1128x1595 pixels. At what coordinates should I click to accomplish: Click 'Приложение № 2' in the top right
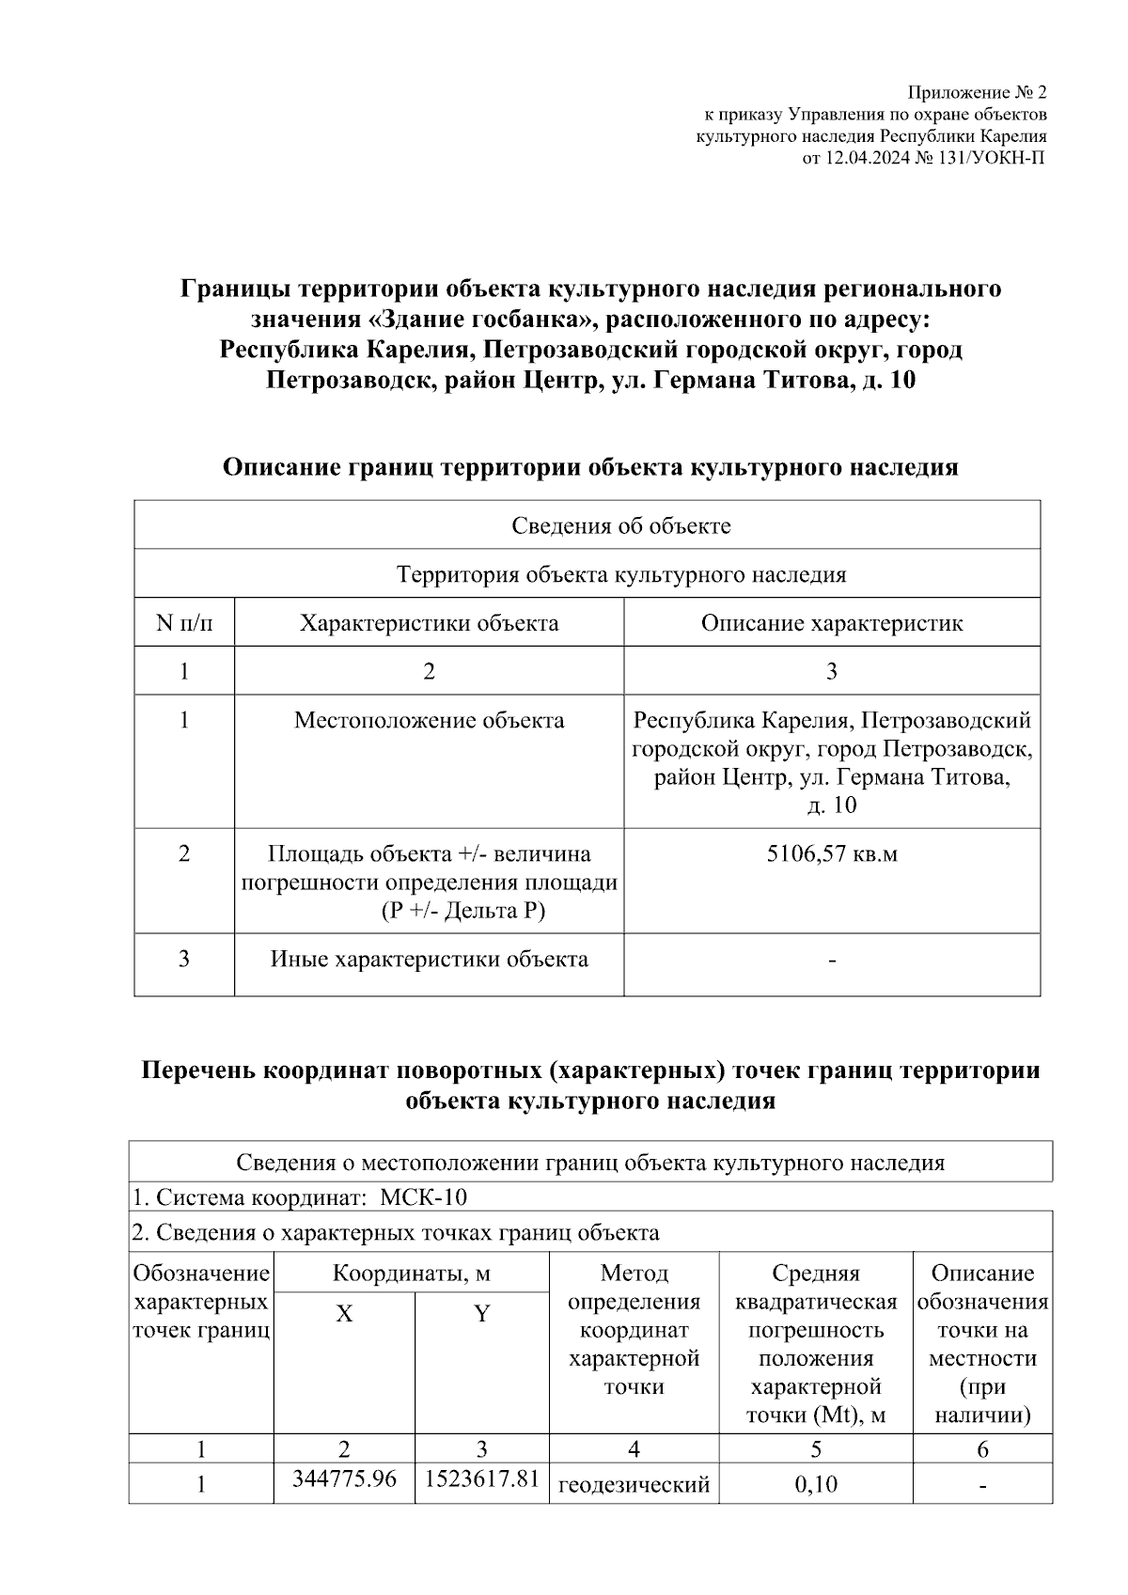point(976,93)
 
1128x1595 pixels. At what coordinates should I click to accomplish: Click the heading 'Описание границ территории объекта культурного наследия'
point(590,467)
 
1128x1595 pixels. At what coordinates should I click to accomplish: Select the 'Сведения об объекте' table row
point(620,525)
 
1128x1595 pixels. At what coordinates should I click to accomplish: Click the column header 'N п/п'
point(184,623)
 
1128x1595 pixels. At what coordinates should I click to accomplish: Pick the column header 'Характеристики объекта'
point(429,623)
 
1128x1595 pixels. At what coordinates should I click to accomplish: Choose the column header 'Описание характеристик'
point(832,623)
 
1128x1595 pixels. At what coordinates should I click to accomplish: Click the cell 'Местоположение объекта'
point(429,721)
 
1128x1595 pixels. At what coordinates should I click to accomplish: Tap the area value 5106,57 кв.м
point(832,854)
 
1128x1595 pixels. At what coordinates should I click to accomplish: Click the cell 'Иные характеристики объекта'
point(429,960)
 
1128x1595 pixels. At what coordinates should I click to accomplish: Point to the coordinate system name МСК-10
point(423,1198)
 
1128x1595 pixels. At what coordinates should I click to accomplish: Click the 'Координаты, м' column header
point(412,1274)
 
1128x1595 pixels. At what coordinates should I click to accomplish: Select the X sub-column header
point(345,1314)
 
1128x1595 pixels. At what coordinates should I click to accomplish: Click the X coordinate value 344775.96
point(344,1478)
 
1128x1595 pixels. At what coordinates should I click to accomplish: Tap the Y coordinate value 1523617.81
point(481,1478)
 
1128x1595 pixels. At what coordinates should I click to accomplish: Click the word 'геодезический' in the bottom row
point(634,1485)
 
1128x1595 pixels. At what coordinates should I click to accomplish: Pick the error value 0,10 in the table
point(815,1485)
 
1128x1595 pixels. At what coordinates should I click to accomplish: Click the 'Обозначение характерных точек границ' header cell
point(201,1303)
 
